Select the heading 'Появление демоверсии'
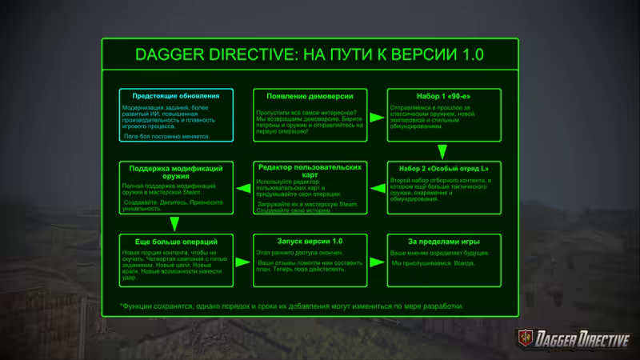(x=310, y=95)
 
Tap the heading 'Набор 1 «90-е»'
(x=444, y=95)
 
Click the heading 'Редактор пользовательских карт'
(x=310, y=170)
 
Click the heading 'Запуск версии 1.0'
(x=310, y=241)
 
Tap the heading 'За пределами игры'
(x=444, y=241)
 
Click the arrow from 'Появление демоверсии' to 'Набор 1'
(x=377, y=116)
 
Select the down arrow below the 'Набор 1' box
(x=442, y=151)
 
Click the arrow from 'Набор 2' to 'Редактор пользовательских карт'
(x=377, y=188)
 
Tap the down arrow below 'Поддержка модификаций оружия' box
(x=174, y=225)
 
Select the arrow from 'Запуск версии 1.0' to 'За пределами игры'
(x=377, y=260)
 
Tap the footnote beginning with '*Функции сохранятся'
(x=291, y=306)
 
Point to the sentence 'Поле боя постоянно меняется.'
(x=167, y=137)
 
